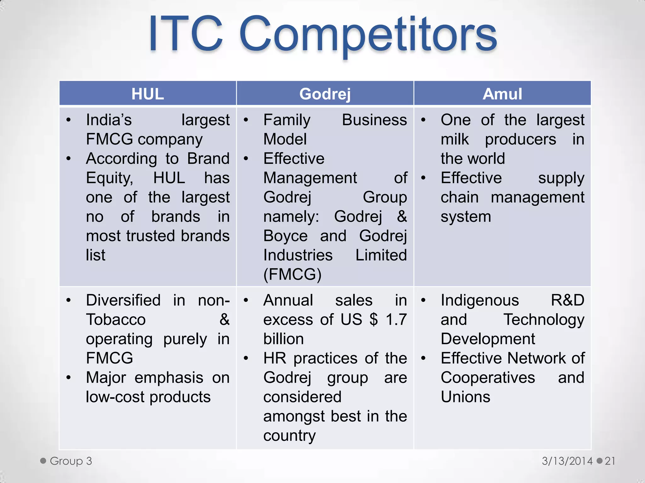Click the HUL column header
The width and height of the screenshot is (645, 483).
click(x=147, y=94)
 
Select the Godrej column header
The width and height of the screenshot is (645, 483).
click(x=325, y=94)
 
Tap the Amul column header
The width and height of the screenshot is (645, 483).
click(x=502, y=94)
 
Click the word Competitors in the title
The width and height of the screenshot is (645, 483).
click(x=368, y=35)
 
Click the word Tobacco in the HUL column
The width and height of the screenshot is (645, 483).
click(x=116, y=320)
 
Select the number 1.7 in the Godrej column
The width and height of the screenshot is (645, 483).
click(x=396, y=320)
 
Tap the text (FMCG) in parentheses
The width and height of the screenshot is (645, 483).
click(x=292, y=274)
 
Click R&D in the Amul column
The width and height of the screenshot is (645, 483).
click(x=568, y=300)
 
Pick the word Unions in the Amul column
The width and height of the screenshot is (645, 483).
click(x=465, y=397)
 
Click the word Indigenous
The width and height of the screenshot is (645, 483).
click(x=479, y=300)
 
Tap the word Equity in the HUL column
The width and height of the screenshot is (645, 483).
click(x=109, y=178)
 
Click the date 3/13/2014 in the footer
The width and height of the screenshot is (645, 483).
click(x=567, y=461)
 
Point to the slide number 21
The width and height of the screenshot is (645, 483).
click(x=610, y=461)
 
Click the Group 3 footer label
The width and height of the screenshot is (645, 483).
click(x=71, y=461)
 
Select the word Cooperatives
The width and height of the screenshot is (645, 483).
click(x=488, y=378)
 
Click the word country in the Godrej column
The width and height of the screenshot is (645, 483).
click(x=289, y=436)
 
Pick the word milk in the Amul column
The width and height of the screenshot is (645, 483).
click(x=455, y=139)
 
